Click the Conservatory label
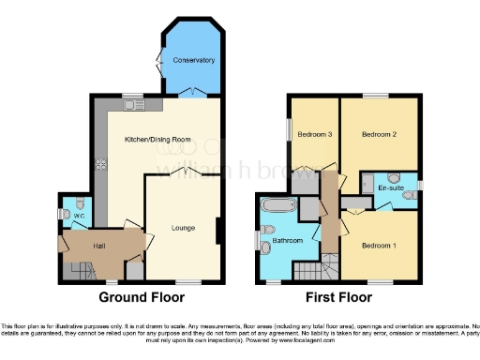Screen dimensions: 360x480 click(x=193, y=61)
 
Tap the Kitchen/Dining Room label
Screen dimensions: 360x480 click(x=158, y=139)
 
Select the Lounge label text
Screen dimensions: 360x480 click(x=184, y=227)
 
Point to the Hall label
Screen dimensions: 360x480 click(x=99, y=246)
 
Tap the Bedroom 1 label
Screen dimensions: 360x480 click(x=380, y=245)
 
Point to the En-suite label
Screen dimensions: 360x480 click(x=390, y=189)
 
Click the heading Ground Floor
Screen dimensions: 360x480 click(x=141, y=297)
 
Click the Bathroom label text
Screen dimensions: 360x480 click(x=288, y=241)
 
